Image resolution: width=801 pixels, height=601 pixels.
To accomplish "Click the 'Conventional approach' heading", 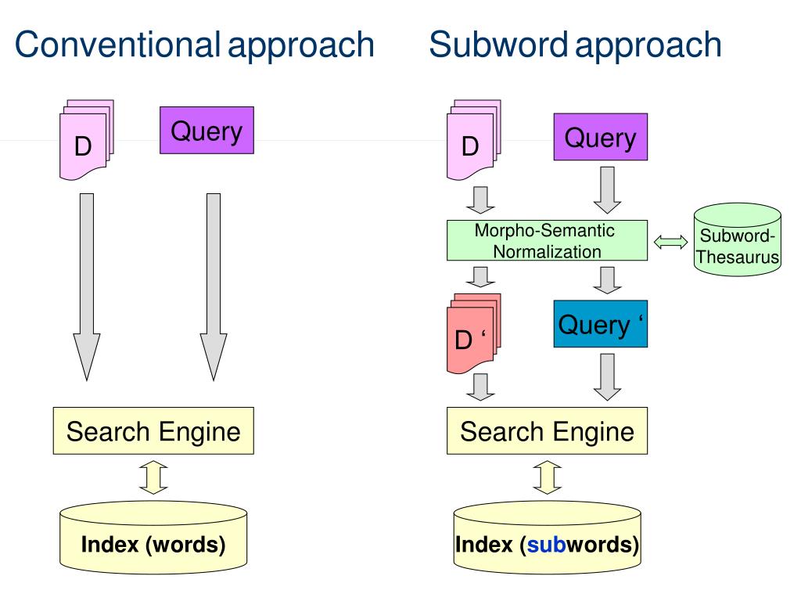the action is point(195,45).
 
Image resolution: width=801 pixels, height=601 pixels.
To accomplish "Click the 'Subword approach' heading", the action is point(575,45).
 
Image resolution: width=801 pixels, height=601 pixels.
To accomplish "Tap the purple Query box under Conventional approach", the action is point(207,131).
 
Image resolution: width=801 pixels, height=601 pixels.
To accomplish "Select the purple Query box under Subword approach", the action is point(601,137).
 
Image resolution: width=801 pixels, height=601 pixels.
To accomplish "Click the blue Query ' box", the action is point(601,324).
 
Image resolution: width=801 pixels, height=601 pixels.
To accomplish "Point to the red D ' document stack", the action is point(473,333).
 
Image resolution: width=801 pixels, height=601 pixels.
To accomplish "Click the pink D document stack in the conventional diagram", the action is point(86,140).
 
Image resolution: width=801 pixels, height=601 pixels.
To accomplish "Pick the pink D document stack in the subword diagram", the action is point(473,140).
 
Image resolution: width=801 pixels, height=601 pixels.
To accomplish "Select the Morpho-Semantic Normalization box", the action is point(547,241).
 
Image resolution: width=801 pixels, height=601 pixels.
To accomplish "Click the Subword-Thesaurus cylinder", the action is point(738,240).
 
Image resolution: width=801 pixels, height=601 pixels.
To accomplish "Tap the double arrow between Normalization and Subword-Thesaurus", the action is point(670,243).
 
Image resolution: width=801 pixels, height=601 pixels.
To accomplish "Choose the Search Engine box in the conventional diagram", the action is point(153,431).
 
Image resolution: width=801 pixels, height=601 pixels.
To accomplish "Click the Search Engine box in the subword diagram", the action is point(547,431).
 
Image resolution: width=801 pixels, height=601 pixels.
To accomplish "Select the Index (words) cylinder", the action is point(153,538).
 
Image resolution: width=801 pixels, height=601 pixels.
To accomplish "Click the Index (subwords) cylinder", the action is point(547,538).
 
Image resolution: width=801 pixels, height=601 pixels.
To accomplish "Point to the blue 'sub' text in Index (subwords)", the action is point(546,545).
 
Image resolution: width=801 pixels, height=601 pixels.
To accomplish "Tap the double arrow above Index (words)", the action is point(153,477).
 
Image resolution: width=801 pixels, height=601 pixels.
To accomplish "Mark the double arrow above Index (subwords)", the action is point(547,477).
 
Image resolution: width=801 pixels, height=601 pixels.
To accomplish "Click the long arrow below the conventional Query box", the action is point(214,287).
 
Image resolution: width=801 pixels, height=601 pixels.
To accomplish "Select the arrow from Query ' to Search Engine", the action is point(607,377).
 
